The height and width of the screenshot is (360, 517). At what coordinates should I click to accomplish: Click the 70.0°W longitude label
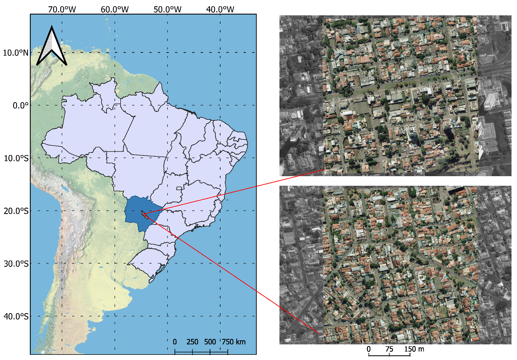click(x=62, y=10)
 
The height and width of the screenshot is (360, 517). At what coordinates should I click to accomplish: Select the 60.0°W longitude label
click(x=115, y=10)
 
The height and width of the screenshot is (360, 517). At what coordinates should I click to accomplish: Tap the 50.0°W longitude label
click(x=167, y=10)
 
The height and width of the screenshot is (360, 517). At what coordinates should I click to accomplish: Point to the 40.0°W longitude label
click(x=220, y=10)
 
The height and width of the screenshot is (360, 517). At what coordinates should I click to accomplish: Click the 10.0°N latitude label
click(x=16, y=53)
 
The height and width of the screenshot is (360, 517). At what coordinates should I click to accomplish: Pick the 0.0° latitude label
click(x=21, y=105)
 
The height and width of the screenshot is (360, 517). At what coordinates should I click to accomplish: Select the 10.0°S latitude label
click(x=16, y=158)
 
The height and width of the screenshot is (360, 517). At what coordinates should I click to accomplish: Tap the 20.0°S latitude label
click(x=16, y=211)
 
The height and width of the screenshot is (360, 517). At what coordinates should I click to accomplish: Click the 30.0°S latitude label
click(x=16, y=264)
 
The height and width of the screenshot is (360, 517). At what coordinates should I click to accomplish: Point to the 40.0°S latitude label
click(x=16, y=317)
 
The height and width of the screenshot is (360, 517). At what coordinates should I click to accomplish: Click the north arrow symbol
click(x=52, y=47)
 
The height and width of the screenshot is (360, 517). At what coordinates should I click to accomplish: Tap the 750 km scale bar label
click(x=234, y=342)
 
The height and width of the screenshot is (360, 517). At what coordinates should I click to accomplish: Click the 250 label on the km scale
click(x=192, y=342)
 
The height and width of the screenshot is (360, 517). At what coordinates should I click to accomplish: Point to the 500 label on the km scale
click(x=210, y=342)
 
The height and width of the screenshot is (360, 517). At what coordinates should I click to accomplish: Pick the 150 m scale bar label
click(x=414, y=349)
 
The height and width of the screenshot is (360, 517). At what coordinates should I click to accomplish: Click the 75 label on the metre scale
click(x=389, y=349)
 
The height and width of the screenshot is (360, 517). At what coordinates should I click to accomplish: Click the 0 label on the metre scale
click(x=369, y=349)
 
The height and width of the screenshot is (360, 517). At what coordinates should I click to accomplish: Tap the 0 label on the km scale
click(x=175, y=342)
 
